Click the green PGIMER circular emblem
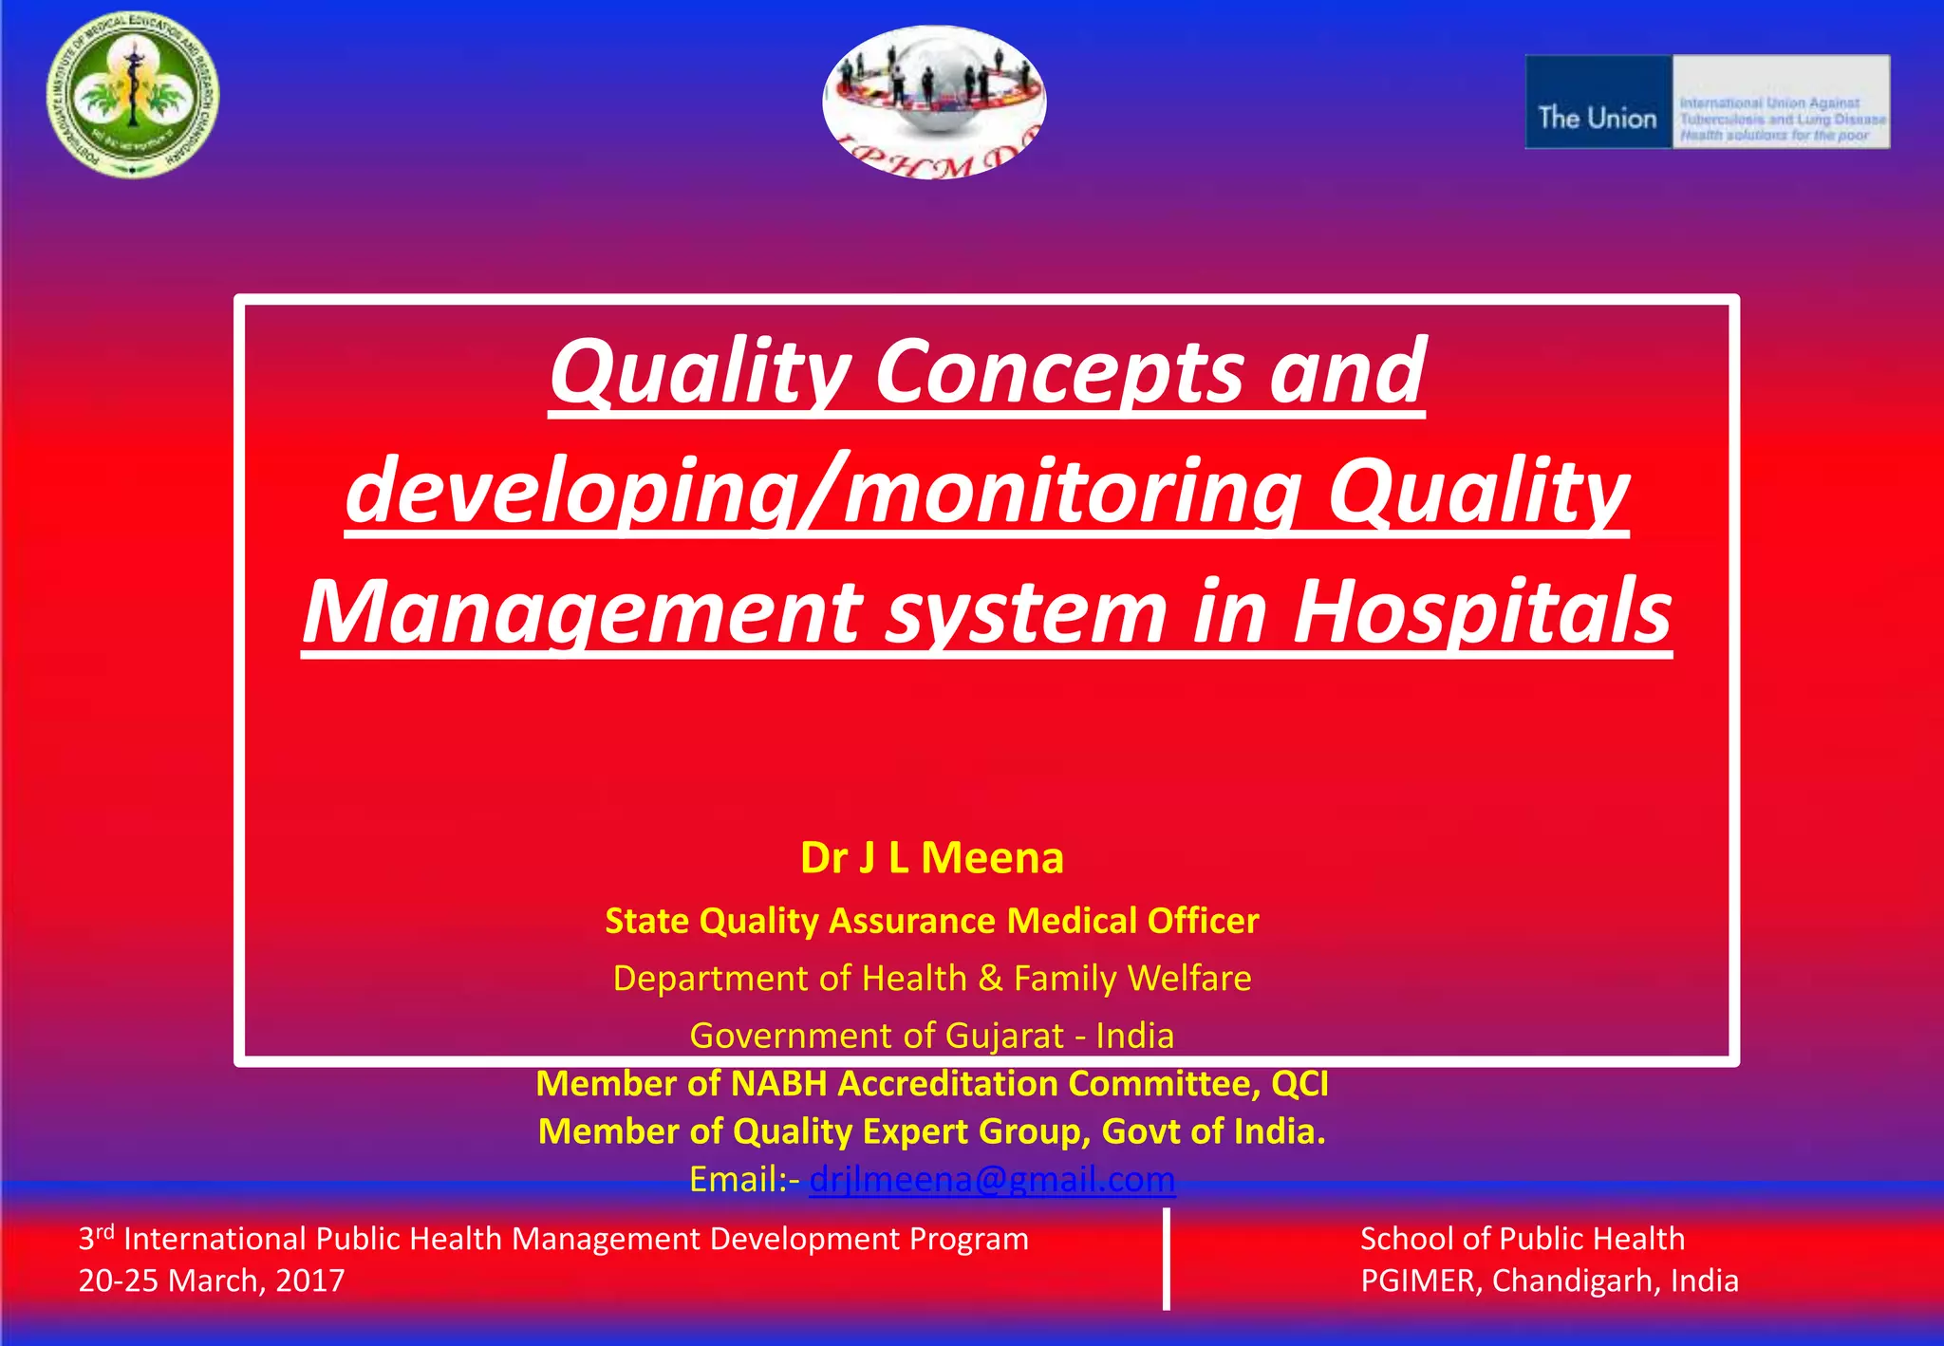click(133, 95)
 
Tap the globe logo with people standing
click(934, 101)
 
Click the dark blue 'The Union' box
click(1598, 103)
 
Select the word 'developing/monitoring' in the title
click(822, 492)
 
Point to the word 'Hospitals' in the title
click(1482, 612)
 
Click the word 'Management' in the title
click(581, 612)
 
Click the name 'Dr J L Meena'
click(931, 858)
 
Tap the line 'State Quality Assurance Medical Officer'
click(931, 921)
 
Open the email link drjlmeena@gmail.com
click(992, 1180)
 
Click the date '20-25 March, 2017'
click(212, 1281)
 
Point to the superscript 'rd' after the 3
click(104, 1231)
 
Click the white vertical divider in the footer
click(1166, 1259)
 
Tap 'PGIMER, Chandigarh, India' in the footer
click(1549, 1281)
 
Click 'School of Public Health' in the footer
click(1522, 1239)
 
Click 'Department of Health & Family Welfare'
click(931, 979)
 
